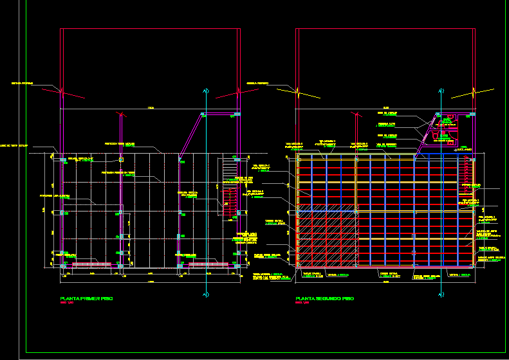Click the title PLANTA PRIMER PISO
pyautogui.click(x=86, y=299)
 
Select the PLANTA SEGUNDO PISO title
pyautogui.click(x=324, y=299)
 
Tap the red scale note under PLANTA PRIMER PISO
pyautogui.click(x=68, y=304)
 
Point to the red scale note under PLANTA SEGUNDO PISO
pyautogui.click(x=302, y=304)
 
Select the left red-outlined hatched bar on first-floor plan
pyautogui.click(x=94, y=264)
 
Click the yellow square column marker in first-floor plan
pyautogui.click(x=121, y=157)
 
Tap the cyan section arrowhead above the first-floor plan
pyautogui.click(x=204, y=90)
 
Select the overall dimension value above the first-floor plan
pyautogui.click(x=151, y=107)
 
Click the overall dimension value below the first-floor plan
pyautogui.click(x=151, y=282)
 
